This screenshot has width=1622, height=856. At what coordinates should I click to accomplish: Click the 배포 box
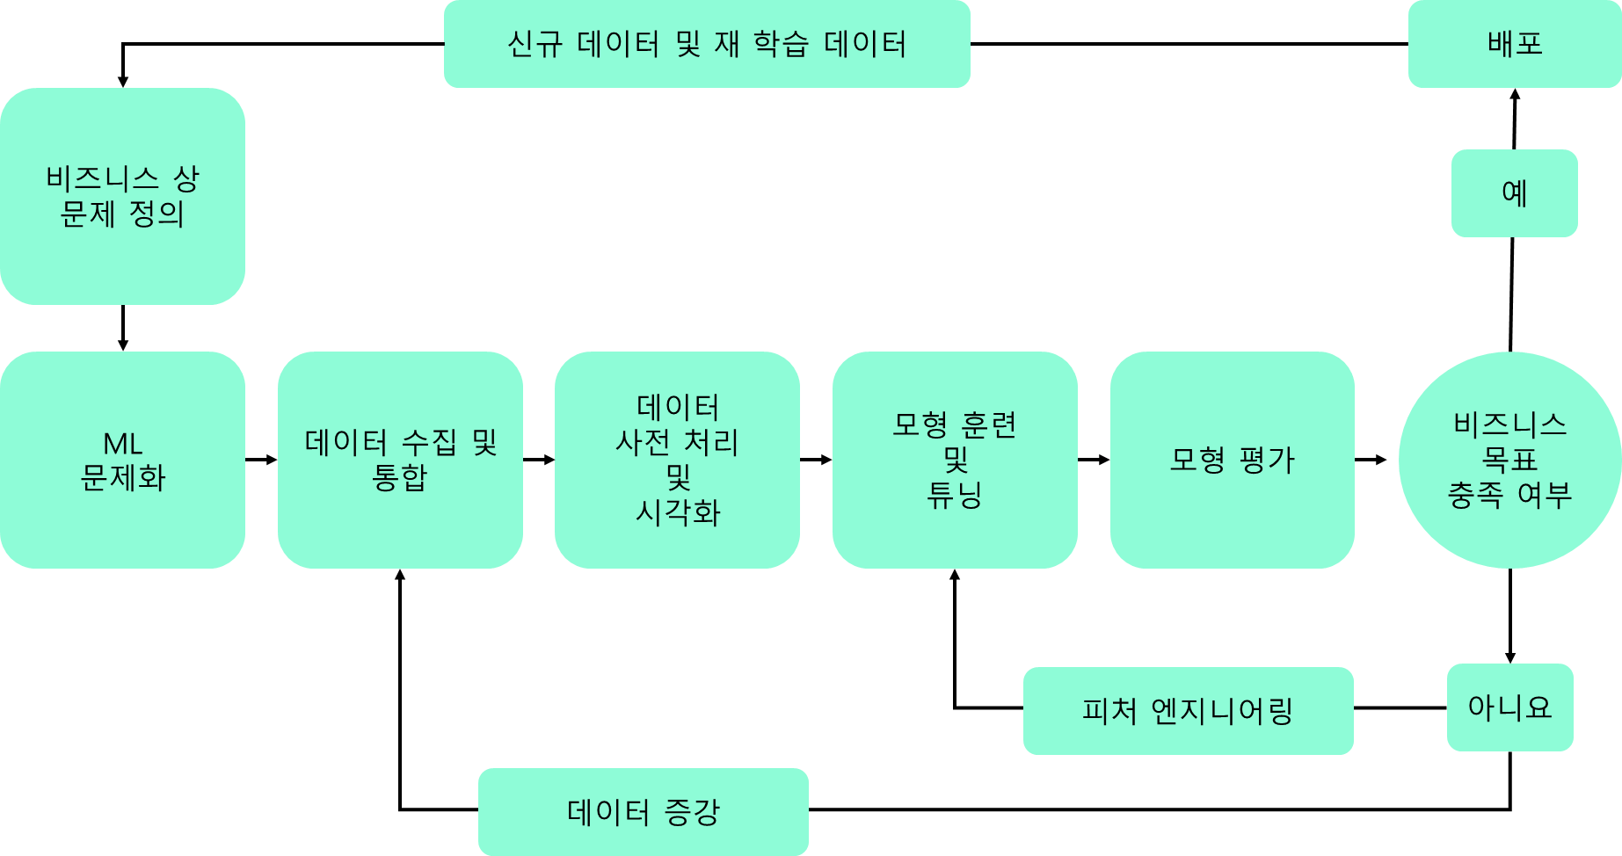pos(1514,44)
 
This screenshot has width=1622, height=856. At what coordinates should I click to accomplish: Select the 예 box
pos(1514,192)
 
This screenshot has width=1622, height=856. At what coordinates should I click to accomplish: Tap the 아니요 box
pos(1509,707)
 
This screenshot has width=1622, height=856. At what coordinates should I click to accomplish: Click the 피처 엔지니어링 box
pos(1188,711)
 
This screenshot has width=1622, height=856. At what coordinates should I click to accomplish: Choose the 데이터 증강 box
pos(643,812)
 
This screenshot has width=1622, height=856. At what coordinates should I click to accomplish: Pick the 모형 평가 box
pos(1232,460)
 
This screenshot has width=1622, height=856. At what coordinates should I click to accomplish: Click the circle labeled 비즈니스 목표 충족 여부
pos(1509,460)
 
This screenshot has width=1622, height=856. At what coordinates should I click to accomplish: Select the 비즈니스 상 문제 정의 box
pos(122,196)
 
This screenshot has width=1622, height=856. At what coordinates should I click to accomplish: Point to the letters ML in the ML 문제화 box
pos(122,443)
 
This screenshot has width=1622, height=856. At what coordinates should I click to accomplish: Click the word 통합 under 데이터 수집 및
pos(399,478)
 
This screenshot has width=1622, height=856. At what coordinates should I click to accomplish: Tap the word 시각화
pos(678,513)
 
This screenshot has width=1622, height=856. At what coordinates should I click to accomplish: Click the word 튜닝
pos(955,496)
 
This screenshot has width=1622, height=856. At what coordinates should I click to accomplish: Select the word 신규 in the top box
pos(535,44)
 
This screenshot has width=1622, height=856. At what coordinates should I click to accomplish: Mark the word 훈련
pos(989,425)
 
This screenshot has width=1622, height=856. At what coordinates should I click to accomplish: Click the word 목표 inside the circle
pos(1509,460)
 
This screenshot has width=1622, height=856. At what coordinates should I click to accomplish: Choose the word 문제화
pos(122,478)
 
